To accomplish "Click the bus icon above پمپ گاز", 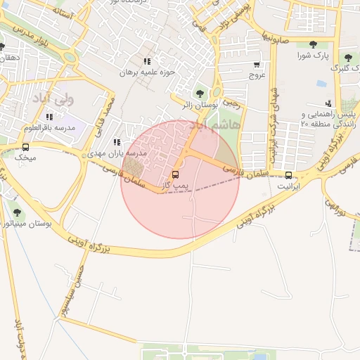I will coord(175,174).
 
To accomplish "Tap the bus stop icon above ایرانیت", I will coord(288,175).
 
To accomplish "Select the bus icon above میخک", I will coord(26,148).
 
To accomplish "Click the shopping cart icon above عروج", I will coord(257,65).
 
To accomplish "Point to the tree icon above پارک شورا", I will coord(306,45).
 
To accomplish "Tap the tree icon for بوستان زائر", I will coord(200,93).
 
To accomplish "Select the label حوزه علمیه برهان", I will coord(147,72).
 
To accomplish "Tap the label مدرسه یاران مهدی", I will coord(117,153).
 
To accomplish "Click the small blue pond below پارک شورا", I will coord(321,83).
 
